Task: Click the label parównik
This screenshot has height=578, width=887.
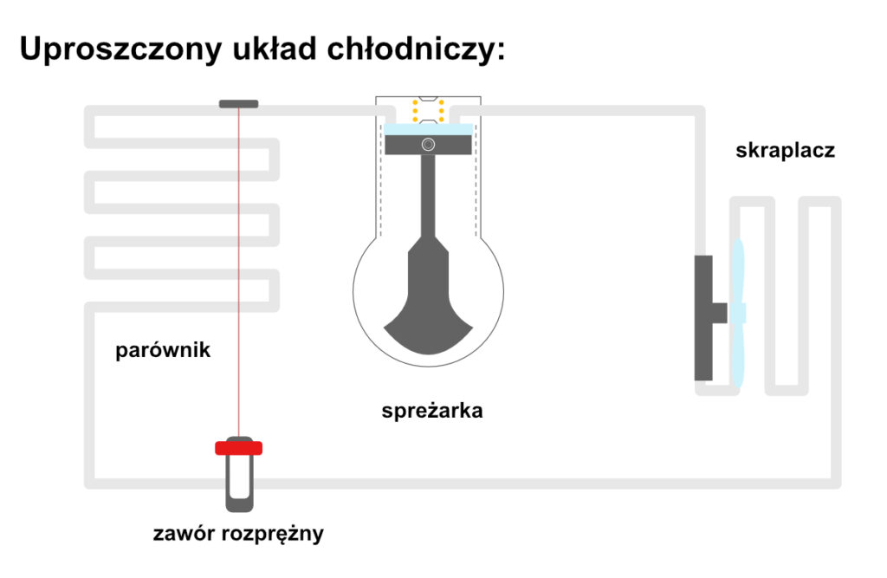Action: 163,351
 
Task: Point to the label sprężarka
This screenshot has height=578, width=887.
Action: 431,411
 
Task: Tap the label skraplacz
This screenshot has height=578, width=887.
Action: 785,151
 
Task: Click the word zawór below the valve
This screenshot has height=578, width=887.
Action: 182,533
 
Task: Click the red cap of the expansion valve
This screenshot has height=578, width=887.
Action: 238,448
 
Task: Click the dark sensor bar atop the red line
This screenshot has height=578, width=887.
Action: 238,104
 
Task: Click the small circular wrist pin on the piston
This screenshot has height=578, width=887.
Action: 428,144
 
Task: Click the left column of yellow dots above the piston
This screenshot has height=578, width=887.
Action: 415,111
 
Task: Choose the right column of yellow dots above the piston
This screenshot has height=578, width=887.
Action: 442,111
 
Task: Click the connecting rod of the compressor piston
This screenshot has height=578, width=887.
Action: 428,199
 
